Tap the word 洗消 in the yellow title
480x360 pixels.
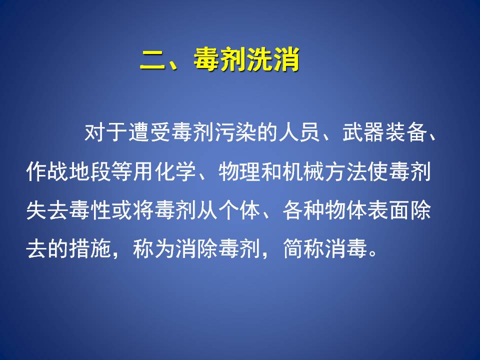273,59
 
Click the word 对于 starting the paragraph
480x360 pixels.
105,133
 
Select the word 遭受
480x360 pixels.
148,133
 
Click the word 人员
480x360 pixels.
299,133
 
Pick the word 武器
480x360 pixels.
363,133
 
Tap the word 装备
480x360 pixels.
406,133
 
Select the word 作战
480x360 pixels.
47,171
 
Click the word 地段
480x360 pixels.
90,171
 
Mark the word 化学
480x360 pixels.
175,171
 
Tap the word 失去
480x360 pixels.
47,210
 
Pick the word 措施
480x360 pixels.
90,248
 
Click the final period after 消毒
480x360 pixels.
373,254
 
